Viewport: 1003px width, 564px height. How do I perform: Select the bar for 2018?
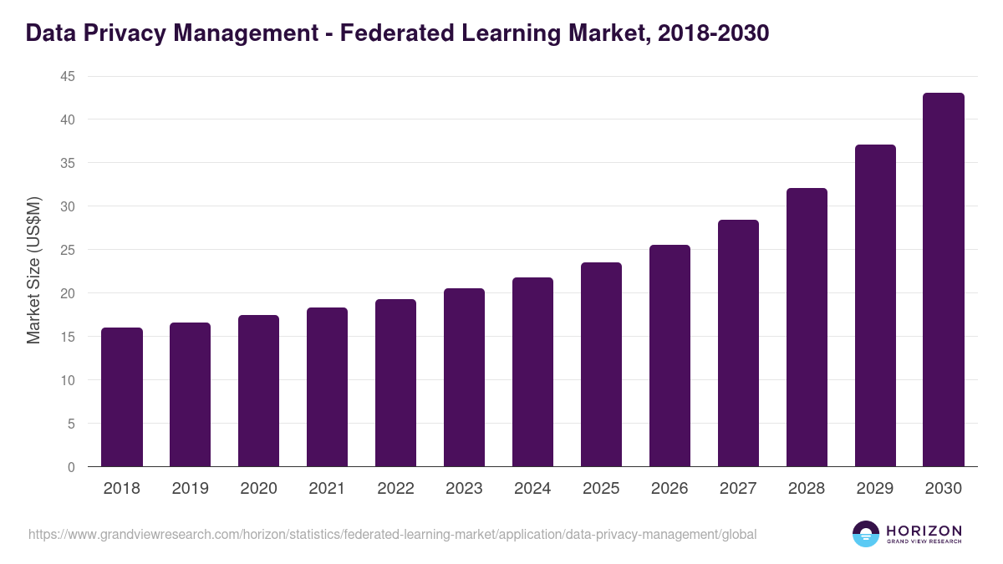click(x=122, y=397)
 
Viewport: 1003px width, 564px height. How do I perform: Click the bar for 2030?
click(x=944, y=280)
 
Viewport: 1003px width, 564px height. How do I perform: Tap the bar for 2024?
click(x=532, y=372)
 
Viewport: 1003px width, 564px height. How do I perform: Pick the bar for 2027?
click(x=738, y=343)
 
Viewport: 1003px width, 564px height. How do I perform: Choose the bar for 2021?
click(x=327, y=387)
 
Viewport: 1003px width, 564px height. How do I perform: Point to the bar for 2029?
click(x=875, y=306)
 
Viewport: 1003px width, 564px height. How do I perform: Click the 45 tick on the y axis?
click(x=67, y=76)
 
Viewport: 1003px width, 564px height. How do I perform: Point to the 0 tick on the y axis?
click(x=71, y=467)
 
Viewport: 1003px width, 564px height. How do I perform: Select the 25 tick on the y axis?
click(x=67, y=250)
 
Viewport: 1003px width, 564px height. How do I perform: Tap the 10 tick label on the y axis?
click(x=67, y=380)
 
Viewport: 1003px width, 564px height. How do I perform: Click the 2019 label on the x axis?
click(x=191, y=489)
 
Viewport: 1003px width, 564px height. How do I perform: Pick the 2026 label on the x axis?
click(x=670, y=489)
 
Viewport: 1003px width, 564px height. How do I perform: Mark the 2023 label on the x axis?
click(x=464, y=489)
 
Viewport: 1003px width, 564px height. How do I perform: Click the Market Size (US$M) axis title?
click(x=34, y=272)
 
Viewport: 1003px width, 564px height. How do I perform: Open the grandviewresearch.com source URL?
click(x=392, y=534)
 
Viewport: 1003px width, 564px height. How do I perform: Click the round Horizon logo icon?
click(x=866, y=534)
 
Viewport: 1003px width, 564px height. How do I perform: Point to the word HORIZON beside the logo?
click(x=924, y=531)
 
